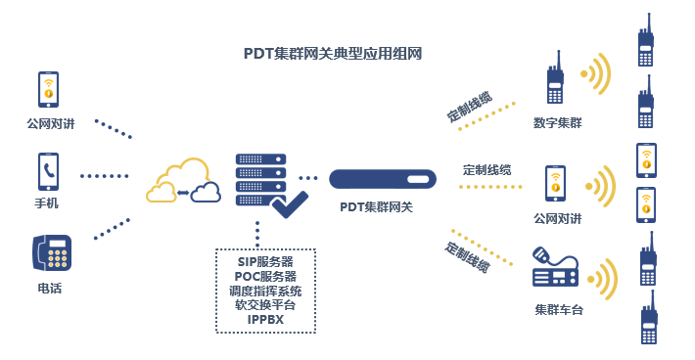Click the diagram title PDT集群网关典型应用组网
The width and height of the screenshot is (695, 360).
tap(332, 54)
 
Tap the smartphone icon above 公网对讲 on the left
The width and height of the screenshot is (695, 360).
tap(48, 90)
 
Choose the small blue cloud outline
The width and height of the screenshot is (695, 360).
tap(207, 192)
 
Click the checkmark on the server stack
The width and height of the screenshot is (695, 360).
tap(290, 202)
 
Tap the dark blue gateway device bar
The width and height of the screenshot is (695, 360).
tap(383, 179)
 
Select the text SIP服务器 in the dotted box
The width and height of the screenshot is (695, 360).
tap(265, 262)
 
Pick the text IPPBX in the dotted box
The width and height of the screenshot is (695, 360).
tap(265, 319)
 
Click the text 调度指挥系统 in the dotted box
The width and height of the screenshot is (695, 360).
tap(265, 291)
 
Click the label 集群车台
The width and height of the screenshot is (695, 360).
tap(559, 310)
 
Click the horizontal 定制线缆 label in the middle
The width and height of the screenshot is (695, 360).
tap(486, 169)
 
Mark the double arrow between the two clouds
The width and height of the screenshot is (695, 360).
tap(184, 193)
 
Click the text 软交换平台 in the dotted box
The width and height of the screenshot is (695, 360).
tap(265, 304)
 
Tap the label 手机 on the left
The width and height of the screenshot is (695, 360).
tap(47, 203)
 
